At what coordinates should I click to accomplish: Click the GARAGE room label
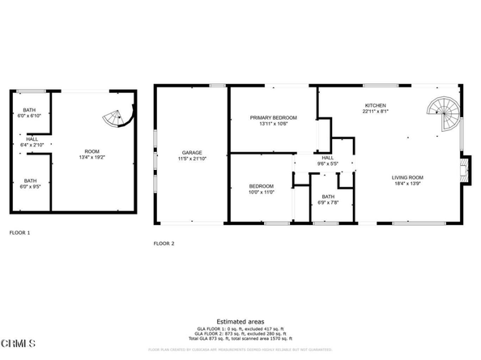[191, 152]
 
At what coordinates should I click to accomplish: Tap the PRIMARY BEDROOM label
[273, 118]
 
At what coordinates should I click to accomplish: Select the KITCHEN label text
[375, 106]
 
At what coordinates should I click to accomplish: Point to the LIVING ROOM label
[409, 177]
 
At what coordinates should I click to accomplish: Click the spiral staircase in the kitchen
[443, 114]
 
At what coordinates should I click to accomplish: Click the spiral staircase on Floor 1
[117, 119]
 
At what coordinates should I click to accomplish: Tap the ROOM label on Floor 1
[92, 151]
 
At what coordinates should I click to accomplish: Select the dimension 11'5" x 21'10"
[192, 159]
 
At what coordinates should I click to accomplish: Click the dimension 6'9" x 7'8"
[328, 203]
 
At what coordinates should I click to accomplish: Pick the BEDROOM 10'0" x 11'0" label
[262, 190]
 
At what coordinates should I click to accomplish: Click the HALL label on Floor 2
[328, 158]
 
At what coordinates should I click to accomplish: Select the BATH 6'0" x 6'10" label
[29, 112]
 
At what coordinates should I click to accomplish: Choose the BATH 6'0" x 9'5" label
[30, 184]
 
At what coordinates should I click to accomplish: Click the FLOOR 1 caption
[19, 232]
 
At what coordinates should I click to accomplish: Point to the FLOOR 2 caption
[164, 244]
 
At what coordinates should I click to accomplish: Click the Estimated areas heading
[240, 321]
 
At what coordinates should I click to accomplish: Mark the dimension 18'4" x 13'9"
[409, 184]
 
